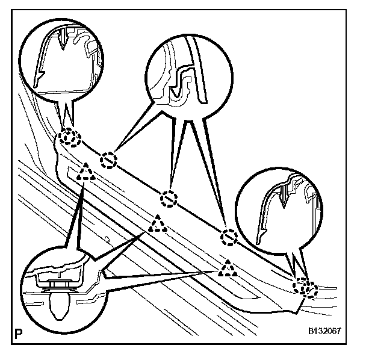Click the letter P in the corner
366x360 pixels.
coord(17,333)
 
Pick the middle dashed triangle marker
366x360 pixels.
coord(158,225)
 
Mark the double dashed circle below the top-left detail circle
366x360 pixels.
coord(69,139)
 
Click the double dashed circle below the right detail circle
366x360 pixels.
coord(305,288)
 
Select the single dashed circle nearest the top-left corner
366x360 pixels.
coord(108,160)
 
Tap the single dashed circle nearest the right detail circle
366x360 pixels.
coord(228,238)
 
